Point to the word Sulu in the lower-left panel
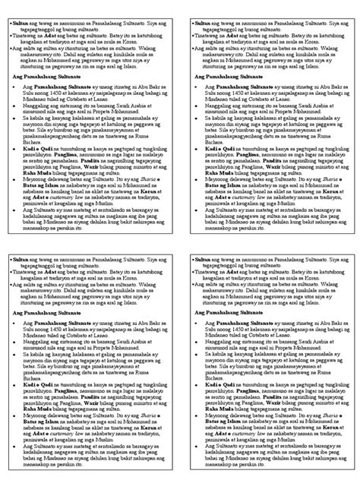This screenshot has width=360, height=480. click(28, 333)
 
